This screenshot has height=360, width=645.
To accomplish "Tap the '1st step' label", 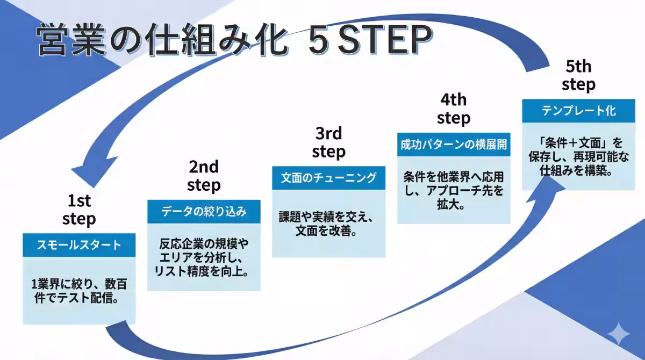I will coord(79,210).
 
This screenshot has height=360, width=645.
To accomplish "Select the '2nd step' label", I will coord(204,176).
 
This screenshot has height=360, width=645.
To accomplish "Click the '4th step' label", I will coord(453,109).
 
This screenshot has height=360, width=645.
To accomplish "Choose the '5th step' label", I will coord(578,75).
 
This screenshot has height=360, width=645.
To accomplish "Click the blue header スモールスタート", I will coord(79,245).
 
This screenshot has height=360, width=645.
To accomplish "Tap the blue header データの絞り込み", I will coord(204,212).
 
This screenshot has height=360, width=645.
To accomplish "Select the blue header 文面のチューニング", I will coord(328,178).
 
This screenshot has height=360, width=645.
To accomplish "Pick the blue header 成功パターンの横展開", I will coord(454,145).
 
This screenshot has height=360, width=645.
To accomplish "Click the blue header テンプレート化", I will coord(578,111).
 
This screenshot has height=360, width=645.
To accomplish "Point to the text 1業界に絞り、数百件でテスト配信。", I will coord(79,290).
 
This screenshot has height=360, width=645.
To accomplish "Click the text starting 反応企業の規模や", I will coord(204,257).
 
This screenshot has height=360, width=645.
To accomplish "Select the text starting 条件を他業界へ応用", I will coord(454,190).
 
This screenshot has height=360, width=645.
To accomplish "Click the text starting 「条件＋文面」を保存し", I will coord(578,157).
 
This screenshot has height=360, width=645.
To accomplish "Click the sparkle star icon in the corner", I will coord(618,334).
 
